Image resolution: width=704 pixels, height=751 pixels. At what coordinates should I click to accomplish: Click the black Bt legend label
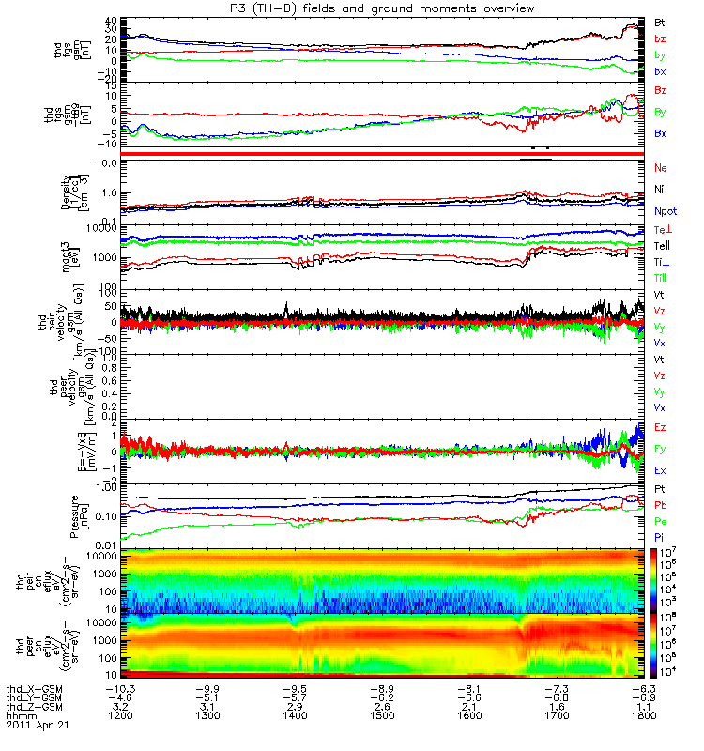click(x=659, y=21)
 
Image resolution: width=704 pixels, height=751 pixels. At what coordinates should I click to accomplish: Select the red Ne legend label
click(x=660, y=167)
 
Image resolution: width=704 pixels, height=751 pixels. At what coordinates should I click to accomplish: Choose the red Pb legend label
click(x=660, y=505)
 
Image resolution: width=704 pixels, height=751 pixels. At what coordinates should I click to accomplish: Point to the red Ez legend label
click(x=660, y=427)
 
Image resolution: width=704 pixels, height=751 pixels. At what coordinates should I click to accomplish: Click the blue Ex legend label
click(x=660, y=468)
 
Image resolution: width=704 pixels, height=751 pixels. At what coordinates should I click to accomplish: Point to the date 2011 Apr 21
click(x=38, y=726)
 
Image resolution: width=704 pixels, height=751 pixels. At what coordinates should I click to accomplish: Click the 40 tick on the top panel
click(x=110, y=21)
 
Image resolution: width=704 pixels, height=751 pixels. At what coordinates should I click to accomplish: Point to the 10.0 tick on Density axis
click(x=105, y=163)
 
